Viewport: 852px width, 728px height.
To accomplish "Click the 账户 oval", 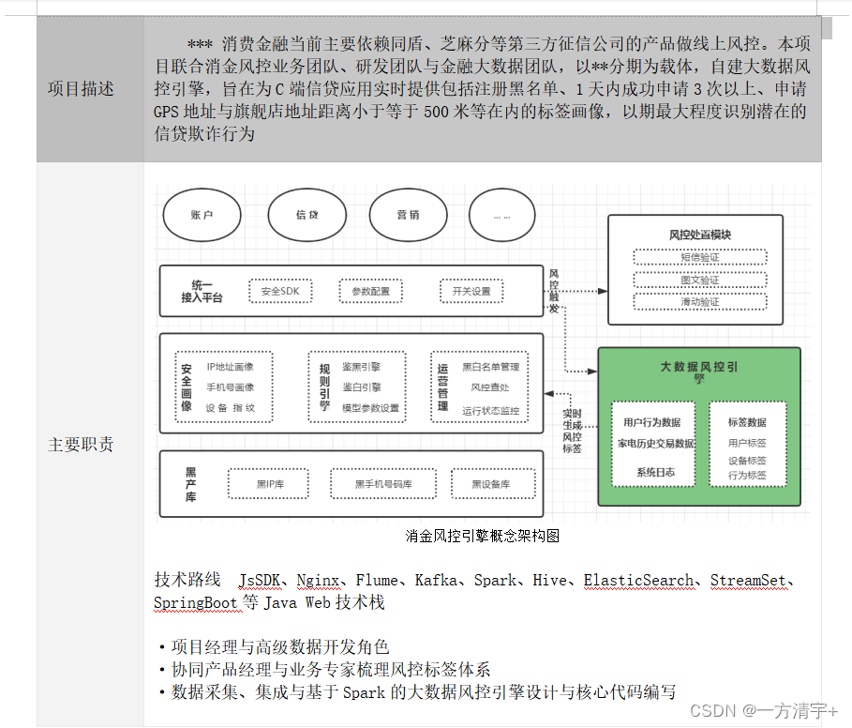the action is point(202,215).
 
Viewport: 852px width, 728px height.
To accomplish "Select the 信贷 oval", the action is point(306,215).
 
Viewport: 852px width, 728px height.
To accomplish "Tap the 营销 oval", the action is point(408,215).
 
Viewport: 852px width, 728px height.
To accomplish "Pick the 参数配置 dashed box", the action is point(370,292).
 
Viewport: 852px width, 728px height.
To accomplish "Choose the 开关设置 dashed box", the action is point(471,292).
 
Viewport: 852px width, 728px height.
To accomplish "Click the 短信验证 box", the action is point(699,257).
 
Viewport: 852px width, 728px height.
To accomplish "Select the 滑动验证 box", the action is point(699,302).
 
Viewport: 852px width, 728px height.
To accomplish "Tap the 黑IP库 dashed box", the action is point(270,484).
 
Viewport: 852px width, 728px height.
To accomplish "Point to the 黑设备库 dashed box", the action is point(490,484).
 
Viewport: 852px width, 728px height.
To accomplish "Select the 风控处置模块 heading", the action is point(699,234).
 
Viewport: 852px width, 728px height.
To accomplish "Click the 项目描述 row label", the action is point(81,89).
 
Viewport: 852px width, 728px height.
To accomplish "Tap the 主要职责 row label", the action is point(81,445).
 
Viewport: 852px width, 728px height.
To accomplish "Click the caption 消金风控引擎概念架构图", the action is point(483,536).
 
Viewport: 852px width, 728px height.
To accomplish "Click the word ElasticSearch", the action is point(639,581).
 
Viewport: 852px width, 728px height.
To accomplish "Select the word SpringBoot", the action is point(196,602).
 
